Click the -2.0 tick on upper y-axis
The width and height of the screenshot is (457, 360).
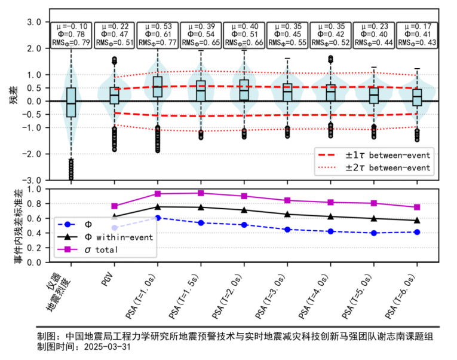(x=35, y=154)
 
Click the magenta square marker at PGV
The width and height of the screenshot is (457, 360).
(x=115, y=206)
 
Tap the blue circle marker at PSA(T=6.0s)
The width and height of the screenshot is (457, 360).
(x=417, y=231)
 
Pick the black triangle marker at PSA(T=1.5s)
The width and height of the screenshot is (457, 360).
(x=201, y=208)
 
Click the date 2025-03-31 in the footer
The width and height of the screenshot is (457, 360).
(x=108, y=346)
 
